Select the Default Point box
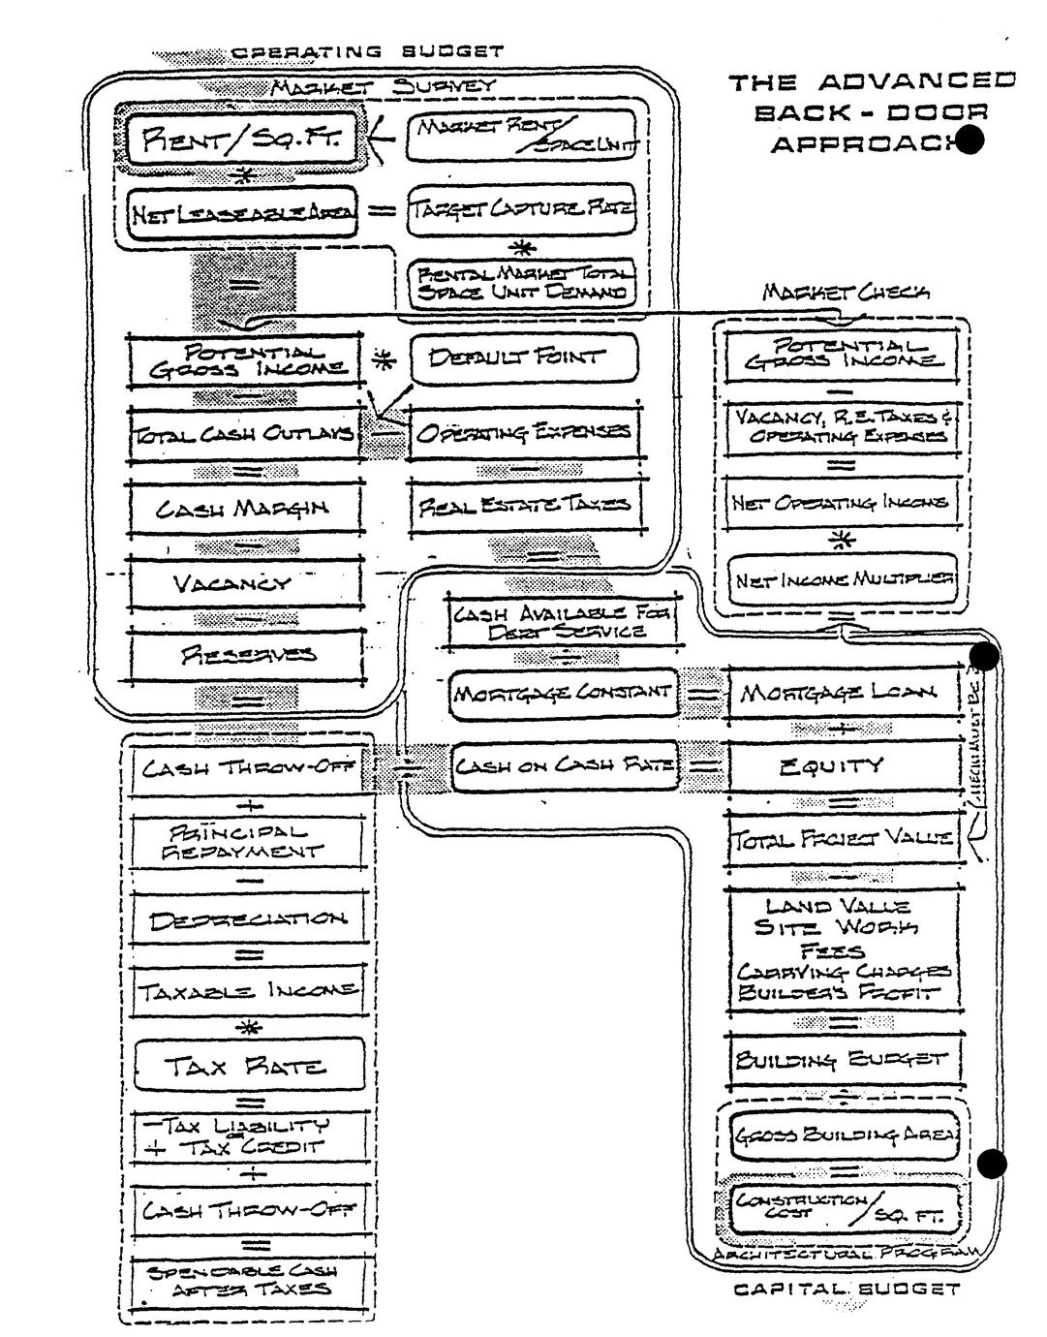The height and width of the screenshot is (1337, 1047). [524, 358]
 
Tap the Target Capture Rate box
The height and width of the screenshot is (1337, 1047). [523, 208]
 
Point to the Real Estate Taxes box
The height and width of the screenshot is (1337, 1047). [524, 504]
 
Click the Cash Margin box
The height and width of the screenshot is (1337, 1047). [244, 507]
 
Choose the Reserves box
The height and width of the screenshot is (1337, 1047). [247, 655]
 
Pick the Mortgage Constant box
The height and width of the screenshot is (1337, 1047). [565, 694]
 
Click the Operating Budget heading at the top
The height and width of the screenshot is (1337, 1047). [367, 51]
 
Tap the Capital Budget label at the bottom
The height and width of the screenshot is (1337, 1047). [846, 1289]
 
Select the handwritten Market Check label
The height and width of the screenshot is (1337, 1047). [846, 292]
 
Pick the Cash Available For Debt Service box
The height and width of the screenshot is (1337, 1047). [563, 621]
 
